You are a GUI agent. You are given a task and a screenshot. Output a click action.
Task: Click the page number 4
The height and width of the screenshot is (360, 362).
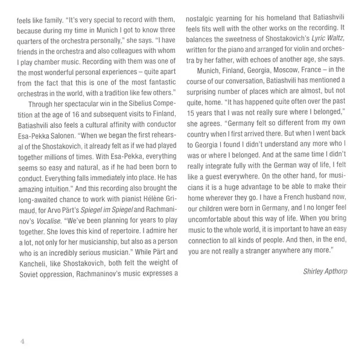(22, 344)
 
